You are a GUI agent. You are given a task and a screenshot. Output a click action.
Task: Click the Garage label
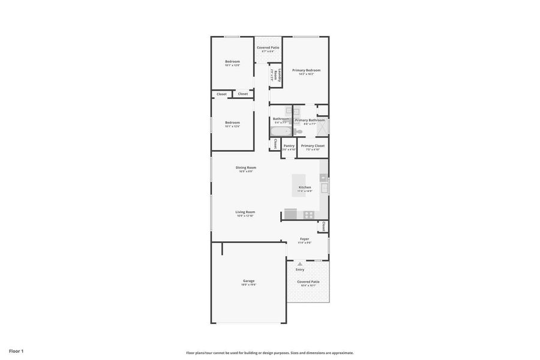pyautogui.click(x=248, y=281)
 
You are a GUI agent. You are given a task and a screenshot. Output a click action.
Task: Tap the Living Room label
pyautogui.click(x=245, y=212)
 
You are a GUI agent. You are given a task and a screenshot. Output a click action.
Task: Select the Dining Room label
pyautogui.click(x=245, y=167)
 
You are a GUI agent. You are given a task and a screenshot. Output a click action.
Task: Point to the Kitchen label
pyautogui.click(x=305, y=187)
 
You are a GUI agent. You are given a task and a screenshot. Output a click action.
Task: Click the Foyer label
pyautogui.click(x=304, y=239)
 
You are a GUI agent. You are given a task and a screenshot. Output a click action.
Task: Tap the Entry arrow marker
pyautogui.click(x=300, y=264)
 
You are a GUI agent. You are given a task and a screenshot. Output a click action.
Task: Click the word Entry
pyautogui.click(x=300, y=269)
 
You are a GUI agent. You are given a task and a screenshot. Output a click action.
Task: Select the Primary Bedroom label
pyautogui.click(x=306, y=70)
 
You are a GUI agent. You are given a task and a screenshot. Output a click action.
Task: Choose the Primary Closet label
pyautogui.click(x=313, y=146)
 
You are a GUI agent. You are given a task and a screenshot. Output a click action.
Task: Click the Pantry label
pyautogui.click(x=289, y=146)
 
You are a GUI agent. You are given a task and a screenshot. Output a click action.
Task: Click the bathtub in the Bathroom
pyautogui.click(x=281, y=131)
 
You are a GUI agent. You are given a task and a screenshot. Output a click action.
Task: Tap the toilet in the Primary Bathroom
pyautogui.click(x=298, y=131)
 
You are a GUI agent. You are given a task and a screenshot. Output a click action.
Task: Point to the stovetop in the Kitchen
pyautogui.click(x=308, y=214)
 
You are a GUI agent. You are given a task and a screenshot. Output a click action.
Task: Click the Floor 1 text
pyautogui.click(x=16, y=351)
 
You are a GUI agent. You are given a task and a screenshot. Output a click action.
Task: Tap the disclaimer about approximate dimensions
pyautogui.click(x=269, y=353)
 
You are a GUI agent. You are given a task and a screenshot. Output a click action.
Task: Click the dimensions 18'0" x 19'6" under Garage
pyautogui.click(x=248, y=285)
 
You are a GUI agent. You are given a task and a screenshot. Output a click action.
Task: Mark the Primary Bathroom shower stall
pyautogui.click(x=323, y=127)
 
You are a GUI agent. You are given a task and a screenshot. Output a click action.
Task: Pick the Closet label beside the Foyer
pyautogui.click(x=323, y=226)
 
